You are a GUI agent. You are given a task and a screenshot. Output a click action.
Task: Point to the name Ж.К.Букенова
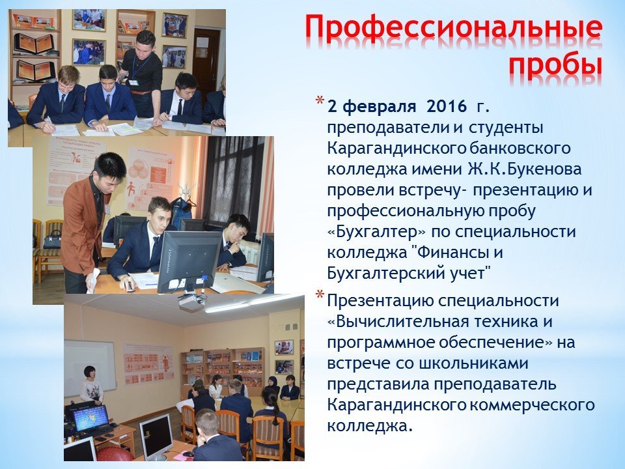click(x=525, y=169)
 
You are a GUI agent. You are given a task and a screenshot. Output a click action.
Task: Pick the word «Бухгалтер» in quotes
click(x=376, y=232)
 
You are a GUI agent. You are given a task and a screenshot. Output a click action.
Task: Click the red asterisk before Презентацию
click(x=320, y=296)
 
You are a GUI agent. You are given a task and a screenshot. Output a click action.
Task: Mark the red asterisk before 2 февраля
click(x=320, y=100)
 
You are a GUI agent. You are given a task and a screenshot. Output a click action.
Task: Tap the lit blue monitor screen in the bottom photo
click(x=91, y=418)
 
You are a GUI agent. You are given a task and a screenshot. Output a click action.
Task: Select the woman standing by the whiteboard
click(x=91, y=384)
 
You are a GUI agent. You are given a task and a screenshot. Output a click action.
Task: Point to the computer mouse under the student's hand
click(x=129, y=286)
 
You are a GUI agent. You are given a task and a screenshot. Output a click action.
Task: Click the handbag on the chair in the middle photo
click(x=53, y=240)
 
